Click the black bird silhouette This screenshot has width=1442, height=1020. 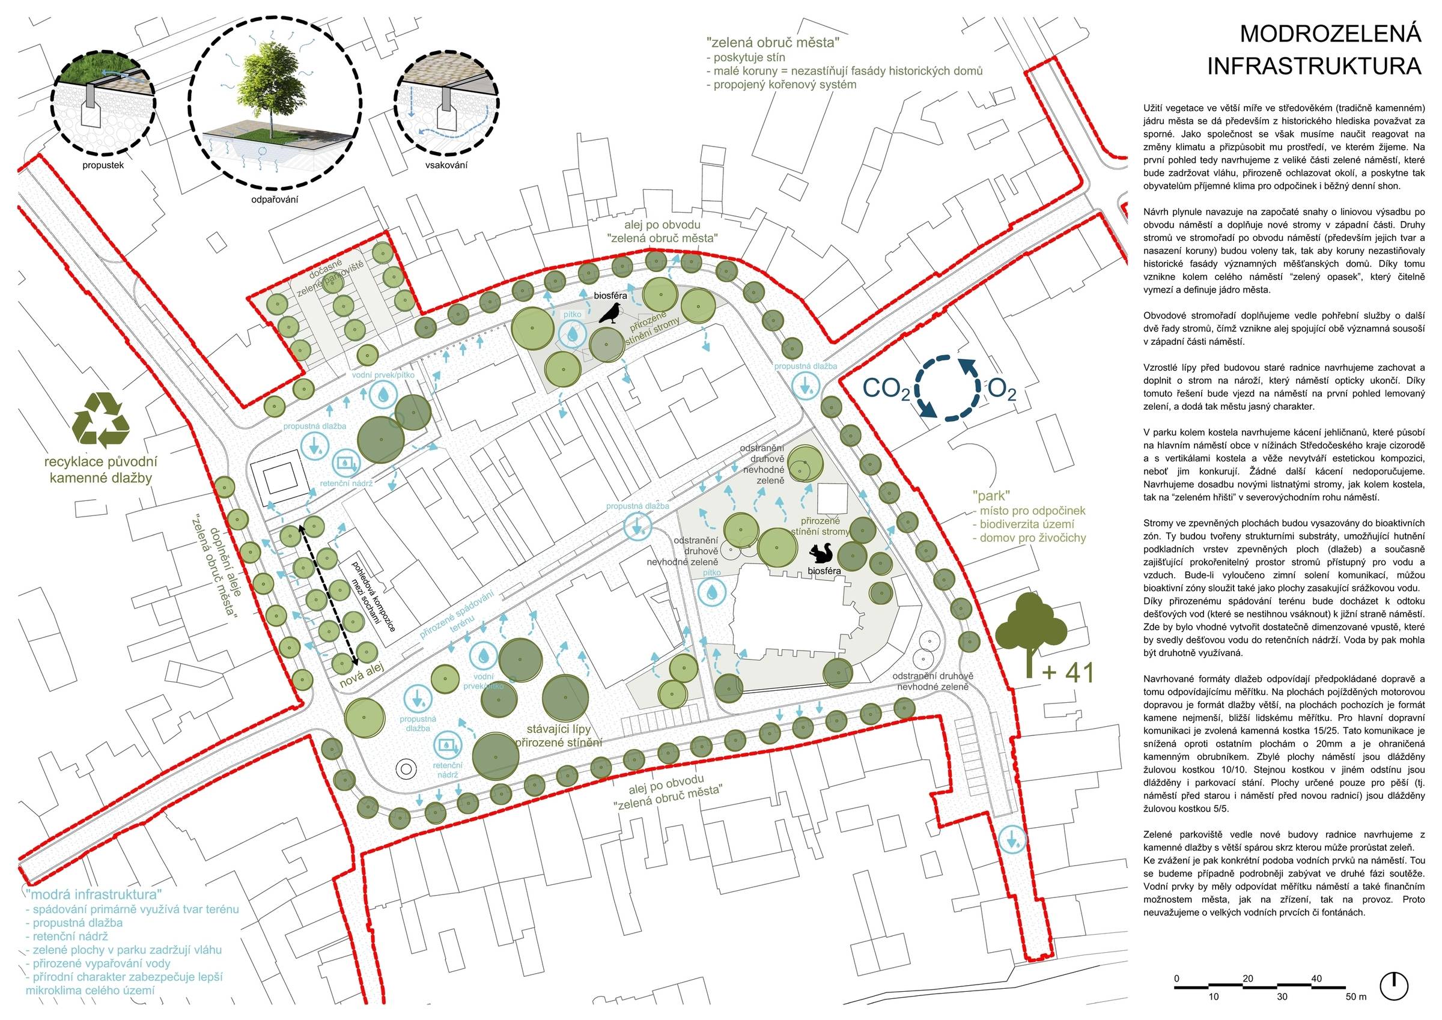610,312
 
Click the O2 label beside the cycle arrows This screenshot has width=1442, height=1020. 1002,390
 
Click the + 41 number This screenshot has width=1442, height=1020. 1068,673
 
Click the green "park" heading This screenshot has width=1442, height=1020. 990,495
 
